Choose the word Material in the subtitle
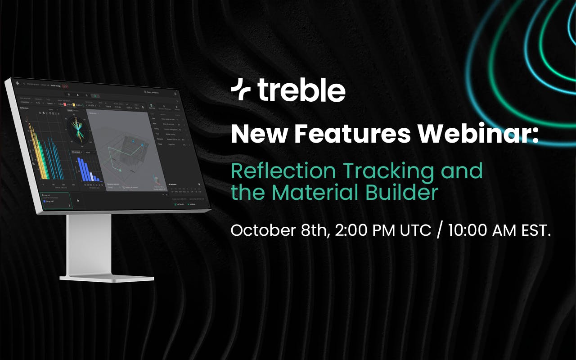324,192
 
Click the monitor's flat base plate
108,278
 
